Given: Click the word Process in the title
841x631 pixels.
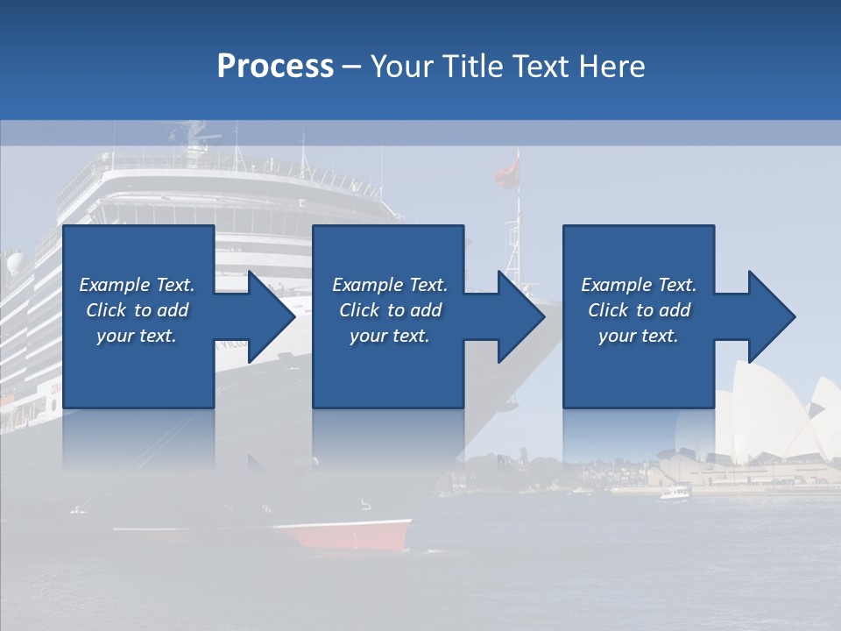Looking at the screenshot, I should click(x=275, y=66).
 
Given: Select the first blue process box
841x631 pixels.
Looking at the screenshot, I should click(x=138, y=368).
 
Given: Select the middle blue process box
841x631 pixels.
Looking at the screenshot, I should click(x=388, y=368).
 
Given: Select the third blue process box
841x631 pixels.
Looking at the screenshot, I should click(x=638, y=368).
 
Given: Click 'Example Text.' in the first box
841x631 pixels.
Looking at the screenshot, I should click(x=137, y=285).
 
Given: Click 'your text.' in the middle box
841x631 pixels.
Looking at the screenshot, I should click(x=389, y=336).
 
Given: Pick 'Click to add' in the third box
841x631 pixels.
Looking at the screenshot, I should click(x=639, y=310).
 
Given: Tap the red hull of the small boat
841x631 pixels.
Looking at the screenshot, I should click(x=350, y=534).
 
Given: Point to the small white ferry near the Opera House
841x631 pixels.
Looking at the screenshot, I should click(x=675, y=493).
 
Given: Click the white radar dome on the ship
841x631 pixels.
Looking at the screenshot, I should click(x=16, y=263).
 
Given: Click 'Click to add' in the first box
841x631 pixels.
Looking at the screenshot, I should click(x=137, y=310).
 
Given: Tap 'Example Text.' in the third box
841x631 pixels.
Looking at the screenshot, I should click(x=639, y=285).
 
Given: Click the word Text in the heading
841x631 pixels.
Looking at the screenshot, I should click(x=541, y=66).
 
